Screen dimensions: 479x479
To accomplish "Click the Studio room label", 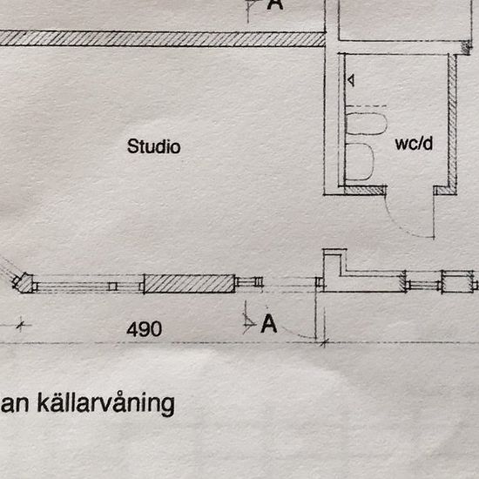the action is [153, 146].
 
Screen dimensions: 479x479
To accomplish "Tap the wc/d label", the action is [414, 144].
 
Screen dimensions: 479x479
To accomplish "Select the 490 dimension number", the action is [145, 328].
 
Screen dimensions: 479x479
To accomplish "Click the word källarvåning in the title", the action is [105, 403].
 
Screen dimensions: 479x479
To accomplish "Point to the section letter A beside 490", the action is [269, 323].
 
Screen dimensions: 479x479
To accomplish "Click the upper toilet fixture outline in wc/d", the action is [367, 124].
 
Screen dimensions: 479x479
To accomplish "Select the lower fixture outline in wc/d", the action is [360, 161].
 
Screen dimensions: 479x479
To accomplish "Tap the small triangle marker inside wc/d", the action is [351, 80].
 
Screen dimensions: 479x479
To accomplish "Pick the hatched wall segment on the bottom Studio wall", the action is [189, 284].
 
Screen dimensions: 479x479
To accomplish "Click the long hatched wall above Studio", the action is [162, 39].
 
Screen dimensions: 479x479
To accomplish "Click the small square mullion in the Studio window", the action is [112, 287].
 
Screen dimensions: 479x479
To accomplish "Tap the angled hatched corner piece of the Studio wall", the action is [24, 283].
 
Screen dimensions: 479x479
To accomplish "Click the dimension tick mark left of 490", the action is [21, 325].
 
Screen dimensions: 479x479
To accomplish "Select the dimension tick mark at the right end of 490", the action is [325, 343].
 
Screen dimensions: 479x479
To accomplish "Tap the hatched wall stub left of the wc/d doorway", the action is [365, 191].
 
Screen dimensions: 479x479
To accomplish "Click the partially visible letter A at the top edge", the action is [275, 4].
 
